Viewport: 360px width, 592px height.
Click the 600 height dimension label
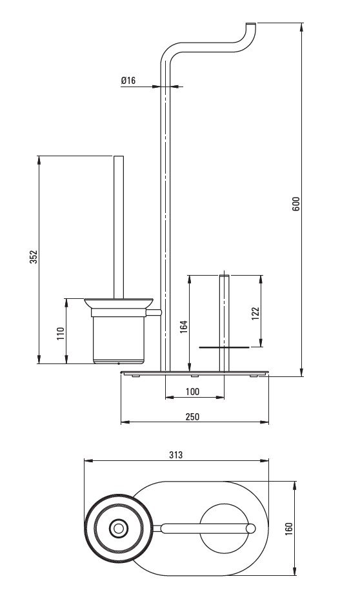click(296, 203)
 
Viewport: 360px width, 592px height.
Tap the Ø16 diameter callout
click(128, 80)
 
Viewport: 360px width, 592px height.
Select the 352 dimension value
click(34, 256)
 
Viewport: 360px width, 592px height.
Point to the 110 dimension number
click(61, 333)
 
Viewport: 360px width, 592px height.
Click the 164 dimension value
click(183, 327)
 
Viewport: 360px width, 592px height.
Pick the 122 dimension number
click(255, 314)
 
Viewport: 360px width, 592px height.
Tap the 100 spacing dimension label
click(192, 391)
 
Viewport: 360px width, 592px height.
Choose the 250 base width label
click(192, 416)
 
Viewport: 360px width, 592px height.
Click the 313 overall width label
click(176, 454)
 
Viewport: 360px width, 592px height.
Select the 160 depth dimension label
click(288, 529)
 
